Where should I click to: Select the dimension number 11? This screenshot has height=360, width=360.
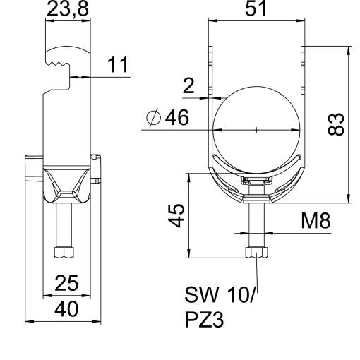click(119, 65)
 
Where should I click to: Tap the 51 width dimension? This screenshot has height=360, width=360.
click(256, 11)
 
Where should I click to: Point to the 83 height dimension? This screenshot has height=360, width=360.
click(340, 124)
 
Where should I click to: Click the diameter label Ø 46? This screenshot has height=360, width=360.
click(169, 119)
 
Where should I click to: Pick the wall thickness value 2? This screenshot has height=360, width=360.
click(188, 86)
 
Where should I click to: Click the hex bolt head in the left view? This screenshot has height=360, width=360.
click(64, 252)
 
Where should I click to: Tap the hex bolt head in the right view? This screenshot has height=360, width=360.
click(256, 253)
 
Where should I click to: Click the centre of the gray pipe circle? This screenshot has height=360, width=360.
click(256, 130)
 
